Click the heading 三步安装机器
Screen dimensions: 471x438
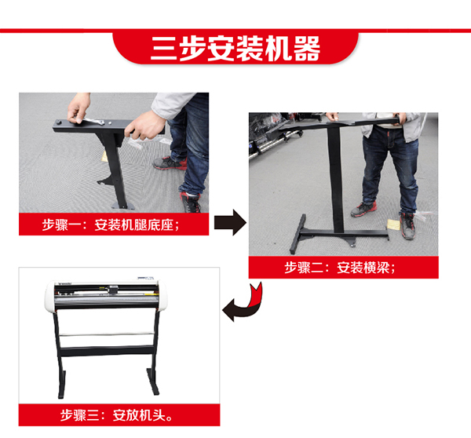coord(235,48)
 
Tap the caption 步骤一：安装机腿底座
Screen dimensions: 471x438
coord(110,224)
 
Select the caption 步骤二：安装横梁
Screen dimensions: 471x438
coord(340,268)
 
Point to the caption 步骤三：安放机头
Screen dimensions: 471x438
coord(116,415)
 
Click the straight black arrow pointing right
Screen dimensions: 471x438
coord(230,222)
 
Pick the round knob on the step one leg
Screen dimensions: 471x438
coord(58,122)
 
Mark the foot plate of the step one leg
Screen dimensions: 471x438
coord(123,206)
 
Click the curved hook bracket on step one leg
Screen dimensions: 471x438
coord(106,180)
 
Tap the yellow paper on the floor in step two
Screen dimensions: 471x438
coord(393,224)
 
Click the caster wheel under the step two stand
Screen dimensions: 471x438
coord(352,244)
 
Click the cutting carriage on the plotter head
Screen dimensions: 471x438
coord(114,290)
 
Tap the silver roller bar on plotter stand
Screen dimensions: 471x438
coord(106,334)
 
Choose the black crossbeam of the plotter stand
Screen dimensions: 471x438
coord(107,351)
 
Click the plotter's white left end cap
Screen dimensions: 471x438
coord(50,296)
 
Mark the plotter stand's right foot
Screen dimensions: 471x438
coord(152,381)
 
